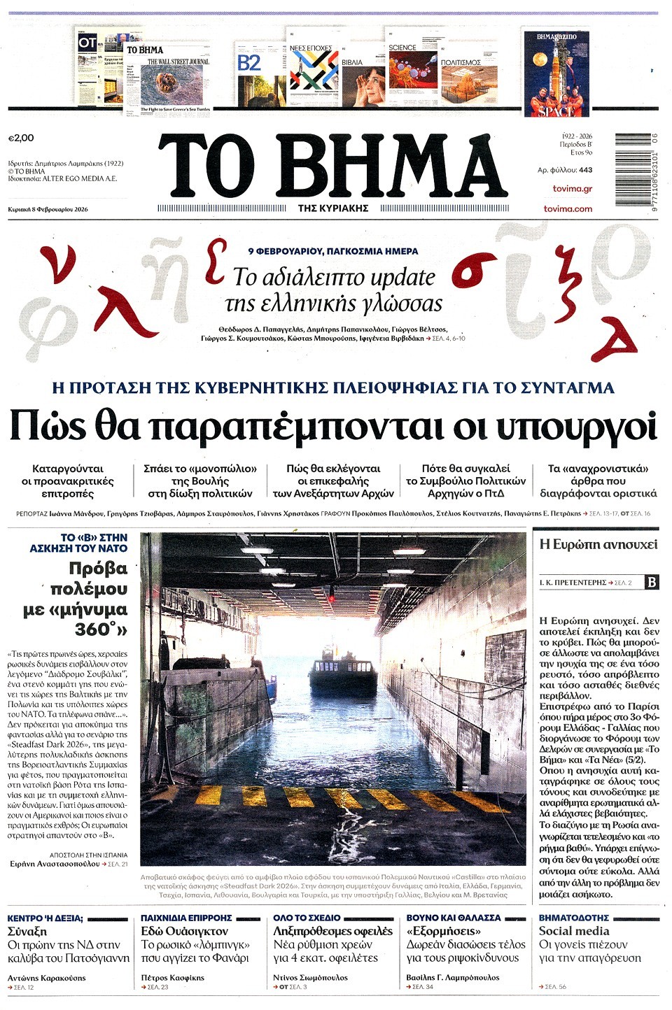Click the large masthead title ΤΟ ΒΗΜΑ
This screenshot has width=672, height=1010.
pyautogui.click(x=330, y=166)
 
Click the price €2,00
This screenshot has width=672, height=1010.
pyautogui.click(x=21, y=138)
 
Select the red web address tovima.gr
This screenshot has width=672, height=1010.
pyautogui.click(x=572, y=189)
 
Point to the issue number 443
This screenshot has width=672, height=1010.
pyautogui.click(x=585, y=170)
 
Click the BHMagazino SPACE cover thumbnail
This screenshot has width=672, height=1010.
pyautogui.click(x=556, y=73)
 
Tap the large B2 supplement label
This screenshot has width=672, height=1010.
pyautogui.click(x=249, y=64)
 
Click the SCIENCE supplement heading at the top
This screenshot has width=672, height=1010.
pyautogui.click(x=402, y=48)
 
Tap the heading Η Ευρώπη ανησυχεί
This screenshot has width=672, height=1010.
pyautogui.click(x=598, y=544)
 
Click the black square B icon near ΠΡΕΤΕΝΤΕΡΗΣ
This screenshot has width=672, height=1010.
pyautogui.click(x=652, y=582)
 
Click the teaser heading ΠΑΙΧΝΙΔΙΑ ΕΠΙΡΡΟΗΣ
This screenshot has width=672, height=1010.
pyautogui.click(x=186, y=918)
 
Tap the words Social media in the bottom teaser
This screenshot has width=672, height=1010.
pyautogui.click(x=574, y=931)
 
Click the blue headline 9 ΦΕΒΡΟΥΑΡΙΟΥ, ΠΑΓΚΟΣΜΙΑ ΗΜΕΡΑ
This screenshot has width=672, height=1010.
pyautogui.click(x=333, y=251)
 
